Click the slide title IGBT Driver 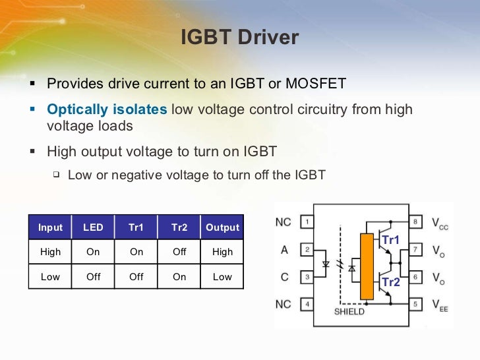coord(239,38)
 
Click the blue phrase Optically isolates coord(107,109)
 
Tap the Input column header coord(50,227)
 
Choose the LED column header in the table coord(93,227)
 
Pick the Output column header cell coord(222,227)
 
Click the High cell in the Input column coord(50,252)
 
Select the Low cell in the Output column coord(222,277)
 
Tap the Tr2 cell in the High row coord(179,252)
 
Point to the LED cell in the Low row coord(93,277)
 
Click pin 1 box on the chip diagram coord(306,222)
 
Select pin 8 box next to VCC coord(415,222)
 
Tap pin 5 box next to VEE coord(415,305)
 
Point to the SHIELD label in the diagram coord(349,311)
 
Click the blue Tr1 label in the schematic coord(391,241)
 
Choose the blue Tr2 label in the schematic coord(391,282)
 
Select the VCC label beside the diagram coord(440,223)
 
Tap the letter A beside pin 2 coord(284,250)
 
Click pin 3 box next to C coord(306,277)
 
